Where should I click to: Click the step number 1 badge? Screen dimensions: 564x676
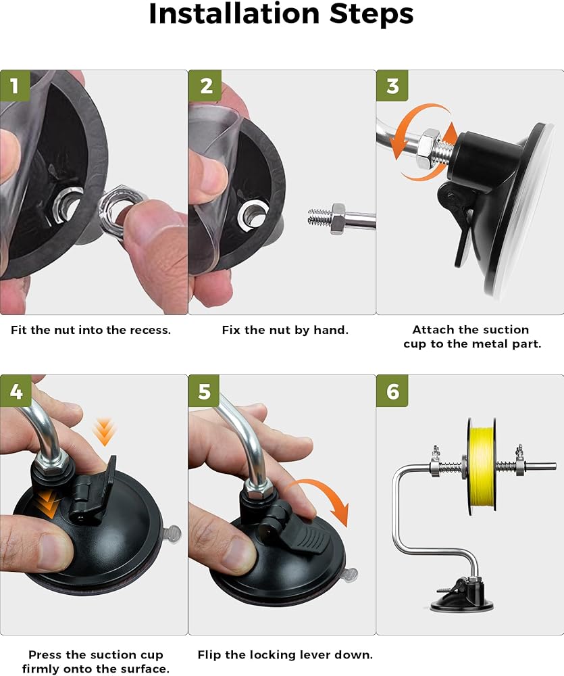15,85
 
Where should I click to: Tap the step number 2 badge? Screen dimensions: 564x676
205,85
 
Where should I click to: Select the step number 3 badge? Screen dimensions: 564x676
392,85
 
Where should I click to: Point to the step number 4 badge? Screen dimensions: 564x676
16,391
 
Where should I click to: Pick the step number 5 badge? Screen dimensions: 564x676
204,391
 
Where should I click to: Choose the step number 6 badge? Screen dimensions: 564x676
392,391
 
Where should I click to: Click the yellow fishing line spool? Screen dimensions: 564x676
482,466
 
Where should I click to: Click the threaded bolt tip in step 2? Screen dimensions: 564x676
319,216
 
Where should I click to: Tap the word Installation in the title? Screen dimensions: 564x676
234,14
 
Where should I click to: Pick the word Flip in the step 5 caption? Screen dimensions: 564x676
209,655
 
